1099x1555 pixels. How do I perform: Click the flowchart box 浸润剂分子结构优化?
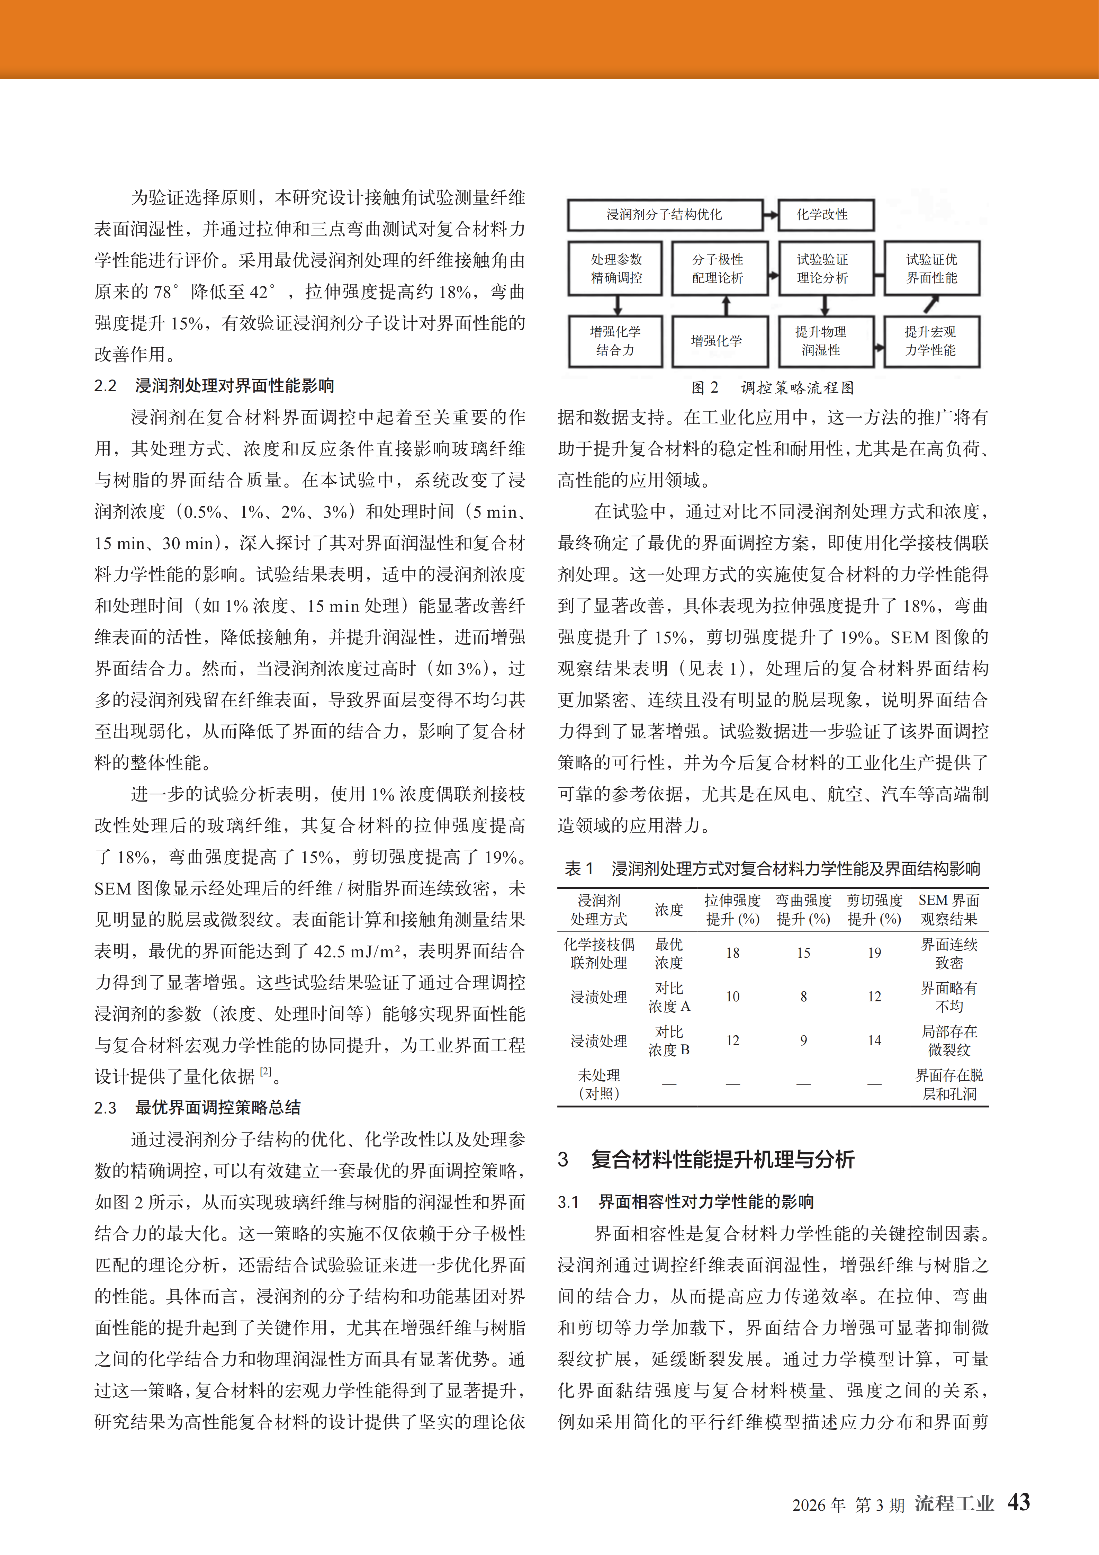(664, 215)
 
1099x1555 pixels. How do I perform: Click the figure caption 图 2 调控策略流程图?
(773, 387)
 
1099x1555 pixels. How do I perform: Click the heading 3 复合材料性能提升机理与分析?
(706, 1160)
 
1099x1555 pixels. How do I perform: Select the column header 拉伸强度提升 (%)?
(733, 910)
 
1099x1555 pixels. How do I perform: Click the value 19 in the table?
(874, 953)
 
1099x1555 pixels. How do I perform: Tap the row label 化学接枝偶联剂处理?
(599, 953)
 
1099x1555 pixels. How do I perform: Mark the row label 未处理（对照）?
(599, 1084)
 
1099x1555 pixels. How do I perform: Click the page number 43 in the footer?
(1018, 1502)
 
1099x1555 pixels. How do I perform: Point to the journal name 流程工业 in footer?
(954, 1503)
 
